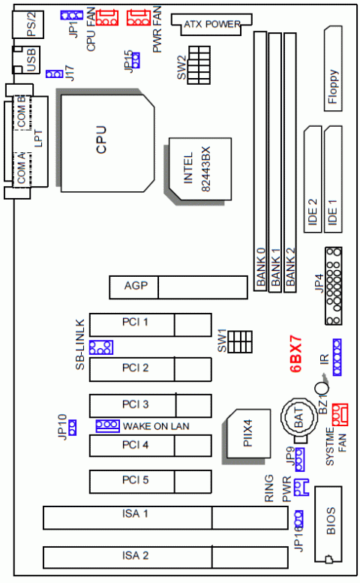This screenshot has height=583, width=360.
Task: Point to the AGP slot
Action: point(178,287)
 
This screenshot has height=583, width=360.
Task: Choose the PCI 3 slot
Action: point(149,404)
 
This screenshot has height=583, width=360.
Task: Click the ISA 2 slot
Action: point(166,556)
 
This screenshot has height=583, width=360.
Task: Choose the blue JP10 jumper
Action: point(73,428)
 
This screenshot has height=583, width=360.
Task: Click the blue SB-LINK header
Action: point(100,347)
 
